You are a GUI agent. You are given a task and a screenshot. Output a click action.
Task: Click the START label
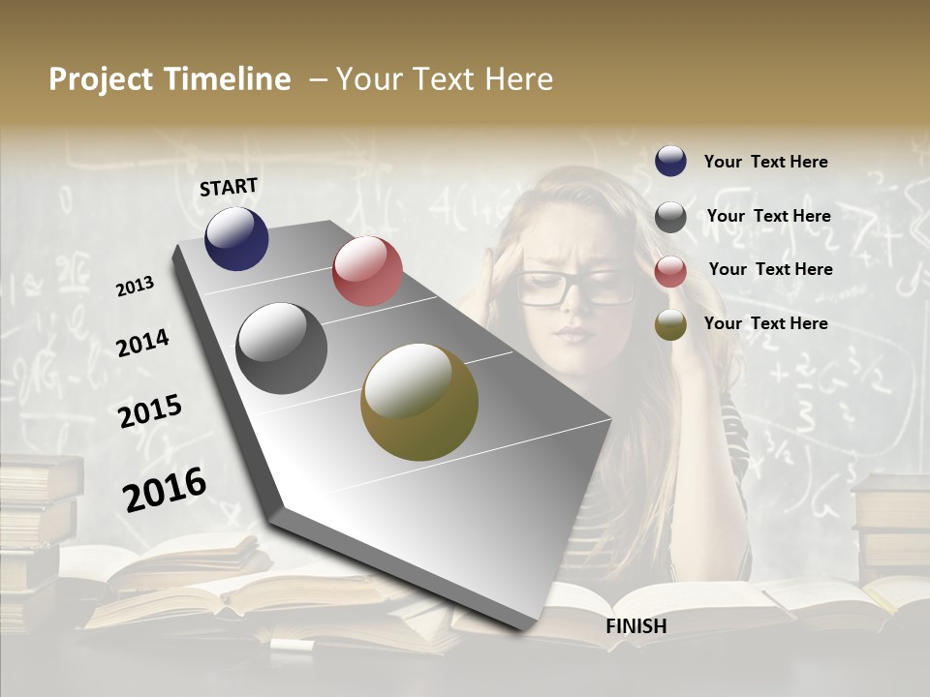tap(229, 187)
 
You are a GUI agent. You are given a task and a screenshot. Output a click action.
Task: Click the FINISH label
tap(635, 626)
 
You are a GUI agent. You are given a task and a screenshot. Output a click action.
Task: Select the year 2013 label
tap(135, 287)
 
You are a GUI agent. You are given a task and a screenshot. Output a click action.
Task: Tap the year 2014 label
tap(142, 343)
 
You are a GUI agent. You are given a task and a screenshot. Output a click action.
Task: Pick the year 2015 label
tap(149, 410)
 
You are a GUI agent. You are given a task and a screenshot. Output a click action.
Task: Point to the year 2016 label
tap(165, 489)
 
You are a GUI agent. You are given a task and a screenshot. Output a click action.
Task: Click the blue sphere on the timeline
tap(236, 238)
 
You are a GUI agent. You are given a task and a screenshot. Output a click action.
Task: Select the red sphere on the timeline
tap(367, 271)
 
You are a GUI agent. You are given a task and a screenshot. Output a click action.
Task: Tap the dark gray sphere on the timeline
tap(281, 348)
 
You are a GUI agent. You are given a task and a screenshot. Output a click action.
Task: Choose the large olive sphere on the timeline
tap(419, 402)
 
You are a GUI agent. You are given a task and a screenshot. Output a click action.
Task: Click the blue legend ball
tap(670, 161)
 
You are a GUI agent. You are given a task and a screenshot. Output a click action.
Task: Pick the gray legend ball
tap(670, 217)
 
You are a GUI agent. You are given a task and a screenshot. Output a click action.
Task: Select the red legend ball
tap(670, 271)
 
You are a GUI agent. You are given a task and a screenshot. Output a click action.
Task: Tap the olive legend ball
tap(670, 324)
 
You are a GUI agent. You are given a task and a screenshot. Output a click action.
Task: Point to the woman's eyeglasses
tap(574, 287)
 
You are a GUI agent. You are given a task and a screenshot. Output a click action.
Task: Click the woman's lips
tap(573, 334)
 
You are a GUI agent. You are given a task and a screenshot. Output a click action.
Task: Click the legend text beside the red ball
tap(770, 269)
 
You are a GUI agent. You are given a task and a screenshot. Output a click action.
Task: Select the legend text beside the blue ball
tap(765, 162)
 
